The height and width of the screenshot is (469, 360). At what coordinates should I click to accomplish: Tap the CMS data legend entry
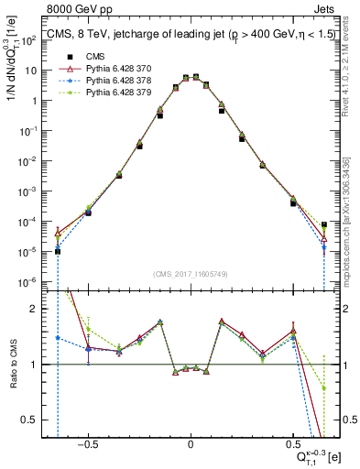pos(82,57)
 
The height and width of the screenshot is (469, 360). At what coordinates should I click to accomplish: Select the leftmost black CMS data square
pos(58,251)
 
